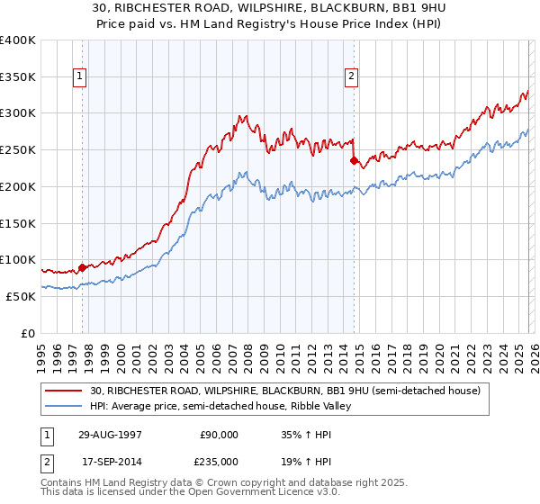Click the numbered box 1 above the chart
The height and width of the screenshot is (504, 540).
click(x=81, y=77)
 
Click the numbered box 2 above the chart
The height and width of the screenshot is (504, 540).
click(x=351, y=77)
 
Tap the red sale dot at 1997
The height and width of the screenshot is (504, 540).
click(x=82, y=266)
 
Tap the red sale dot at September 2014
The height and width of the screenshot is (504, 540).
click(x=354, y=160)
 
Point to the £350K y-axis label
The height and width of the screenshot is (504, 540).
click(x=18, y=76)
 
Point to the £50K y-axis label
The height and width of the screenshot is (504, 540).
click(x=20, y=296)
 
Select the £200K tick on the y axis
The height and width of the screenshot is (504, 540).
click(x=18, y=186)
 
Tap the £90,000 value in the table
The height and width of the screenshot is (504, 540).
click(x=220, y=434)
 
